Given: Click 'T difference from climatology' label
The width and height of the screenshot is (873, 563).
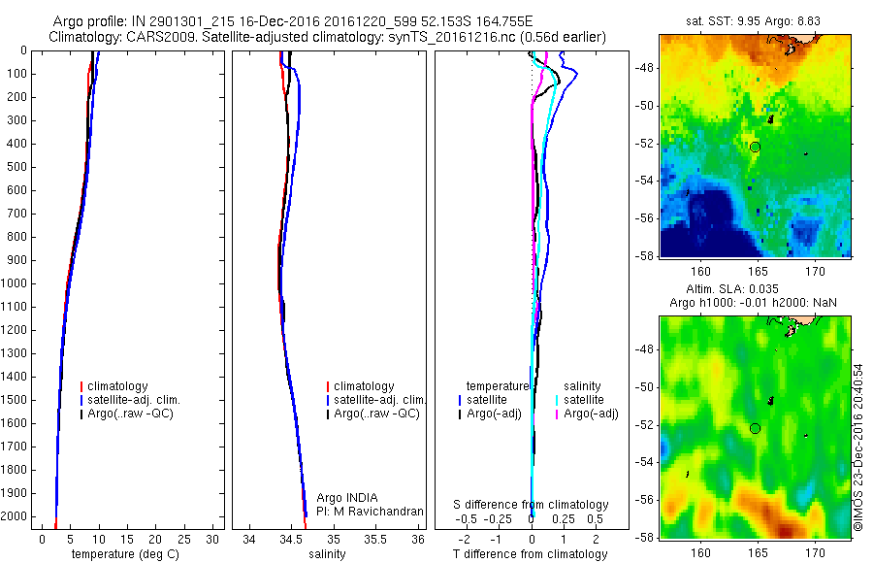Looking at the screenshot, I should click(530, 554).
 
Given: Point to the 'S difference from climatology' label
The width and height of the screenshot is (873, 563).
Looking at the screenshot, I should click(532, 506).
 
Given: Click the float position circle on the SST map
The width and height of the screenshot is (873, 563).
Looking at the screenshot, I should click(755, 147).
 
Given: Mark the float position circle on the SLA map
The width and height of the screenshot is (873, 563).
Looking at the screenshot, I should click(755, 428).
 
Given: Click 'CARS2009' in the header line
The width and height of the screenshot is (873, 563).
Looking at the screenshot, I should click(162, 37).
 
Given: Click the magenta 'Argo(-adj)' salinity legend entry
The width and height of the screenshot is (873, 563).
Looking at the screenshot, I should click(592, 414).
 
